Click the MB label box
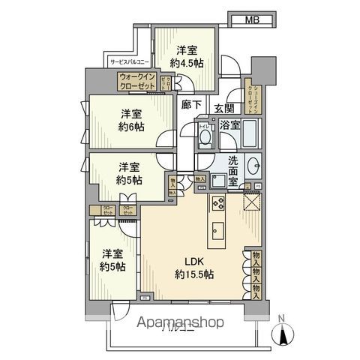pos(252,20)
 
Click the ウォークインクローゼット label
pos(136,82)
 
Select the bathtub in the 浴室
pos(250,133)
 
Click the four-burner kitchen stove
pos(217,202)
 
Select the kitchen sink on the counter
pos(219,229)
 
